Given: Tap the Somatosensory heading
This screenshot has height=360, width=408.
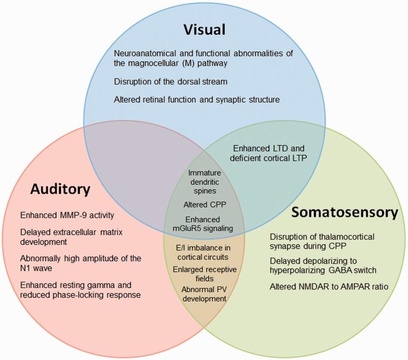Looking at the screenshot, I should click(x=345, y=212).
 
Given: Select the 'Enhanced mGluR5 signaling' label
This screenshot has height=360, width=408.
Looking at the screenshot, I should click(x=204, y=224).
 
